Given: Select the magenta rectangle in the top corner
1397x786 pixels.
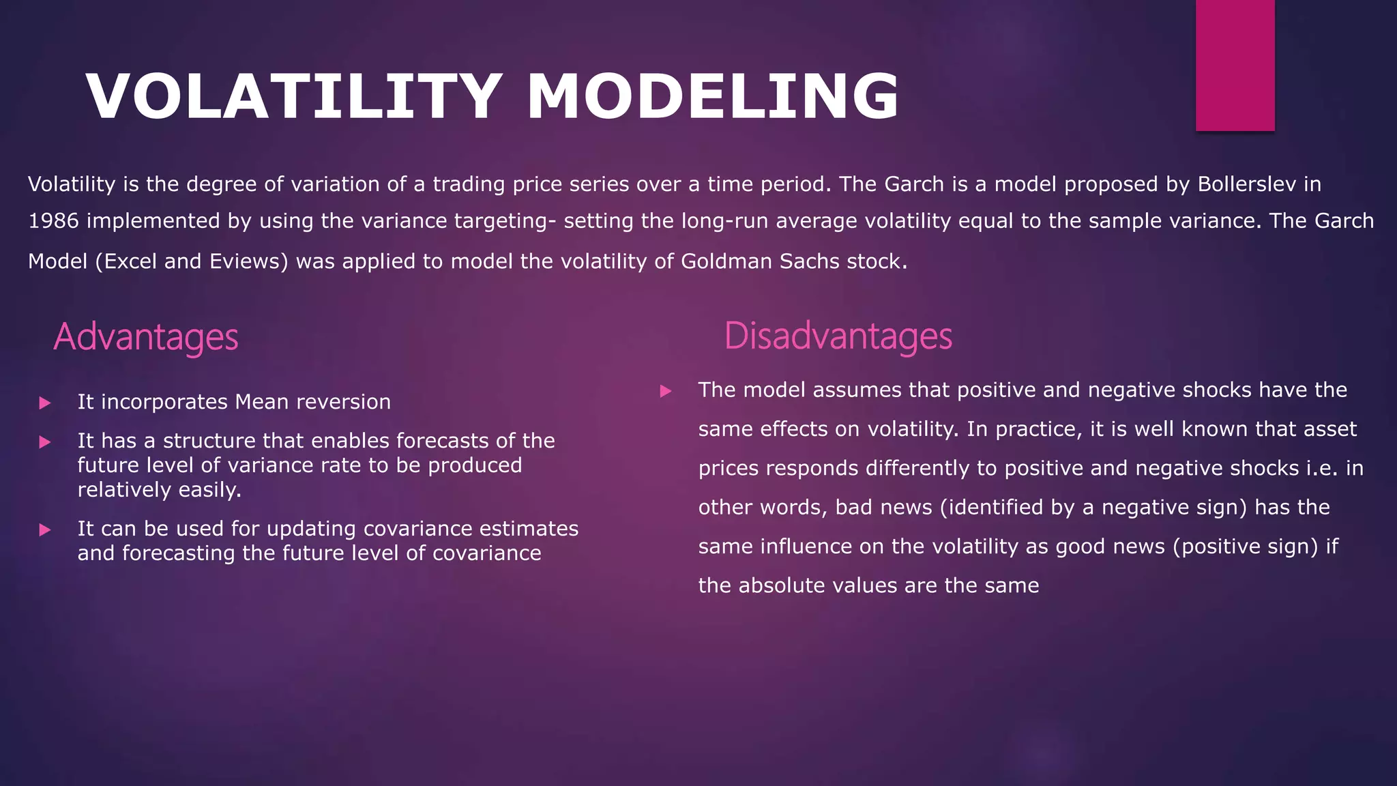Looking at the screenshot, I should pos(1235,65).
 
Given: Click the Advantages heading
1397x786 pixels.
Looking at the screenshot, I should pos(146,336).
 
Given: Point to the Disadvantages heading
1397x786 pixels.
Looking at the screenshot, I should pos(838,336).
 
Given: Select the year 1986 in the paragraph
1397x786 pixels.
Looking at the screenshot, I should pos(53,221).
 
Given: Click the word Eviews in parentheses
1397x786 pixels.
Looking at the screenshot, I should pos(246,261).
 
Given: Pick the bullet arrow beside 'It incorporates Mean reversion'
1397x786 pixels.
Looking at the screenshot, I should pos(45,403).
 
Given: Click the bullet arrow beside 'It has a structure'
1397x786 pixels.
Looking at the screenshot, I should pos(45,442).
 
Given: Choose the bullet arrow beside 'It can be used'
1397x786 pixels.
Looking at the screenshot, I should pos(45,530).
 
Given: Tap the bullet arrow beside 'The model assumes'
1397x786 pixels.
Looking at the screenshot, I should pos(666,391).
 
